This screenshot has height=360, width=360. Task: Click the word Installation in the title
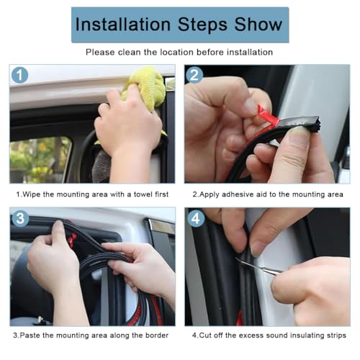[x=122, y=24]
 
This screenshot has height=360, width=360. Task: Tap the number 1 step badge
[x=19, y=75]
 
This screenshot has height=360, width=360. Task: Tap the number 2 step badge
[x=194, y=75]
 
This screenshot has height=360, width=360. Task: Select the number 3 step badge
[x=19, y=217]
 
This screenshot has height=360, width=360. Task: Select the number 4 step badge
[x=194, y=217]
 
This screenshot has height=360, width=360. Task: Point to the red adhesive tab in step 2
[x=267, y=114]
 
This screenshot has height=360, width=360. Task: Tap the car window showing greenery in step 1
[x=40, y=158]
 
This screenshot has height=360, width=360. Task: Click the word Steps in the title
[x=203, y=24]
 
